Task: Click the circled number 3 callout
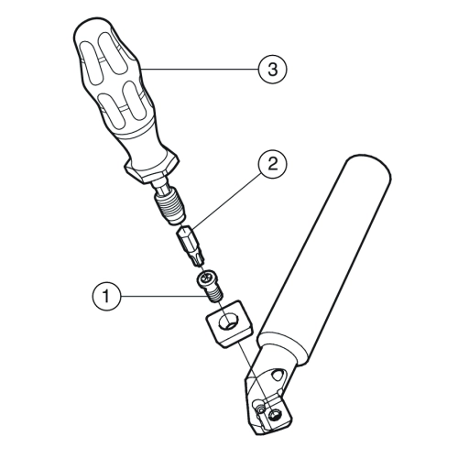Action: (x=272, y=70)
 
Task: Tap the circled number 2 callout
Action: (x=272, y=165)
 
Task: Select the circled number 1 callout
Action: (x=106, y=296)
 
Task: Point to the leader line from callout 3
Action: (x=200, y=70)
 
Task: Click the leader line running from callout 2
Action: (x=225, y=201)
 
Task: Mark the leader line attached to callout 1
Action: (x=163, y=296)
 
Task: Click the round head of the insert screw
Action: (x=205, y=278)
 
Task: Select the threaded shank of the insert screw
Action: (x=216, y=295)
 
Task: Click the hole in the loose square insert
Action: (x=228, y=322)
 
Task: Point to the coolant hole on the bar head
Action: (x=278, y=375)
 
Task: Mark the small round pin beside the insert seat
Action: (x=259, y=409)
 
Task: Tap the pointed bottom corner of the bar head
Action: (x=256, y=434)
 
